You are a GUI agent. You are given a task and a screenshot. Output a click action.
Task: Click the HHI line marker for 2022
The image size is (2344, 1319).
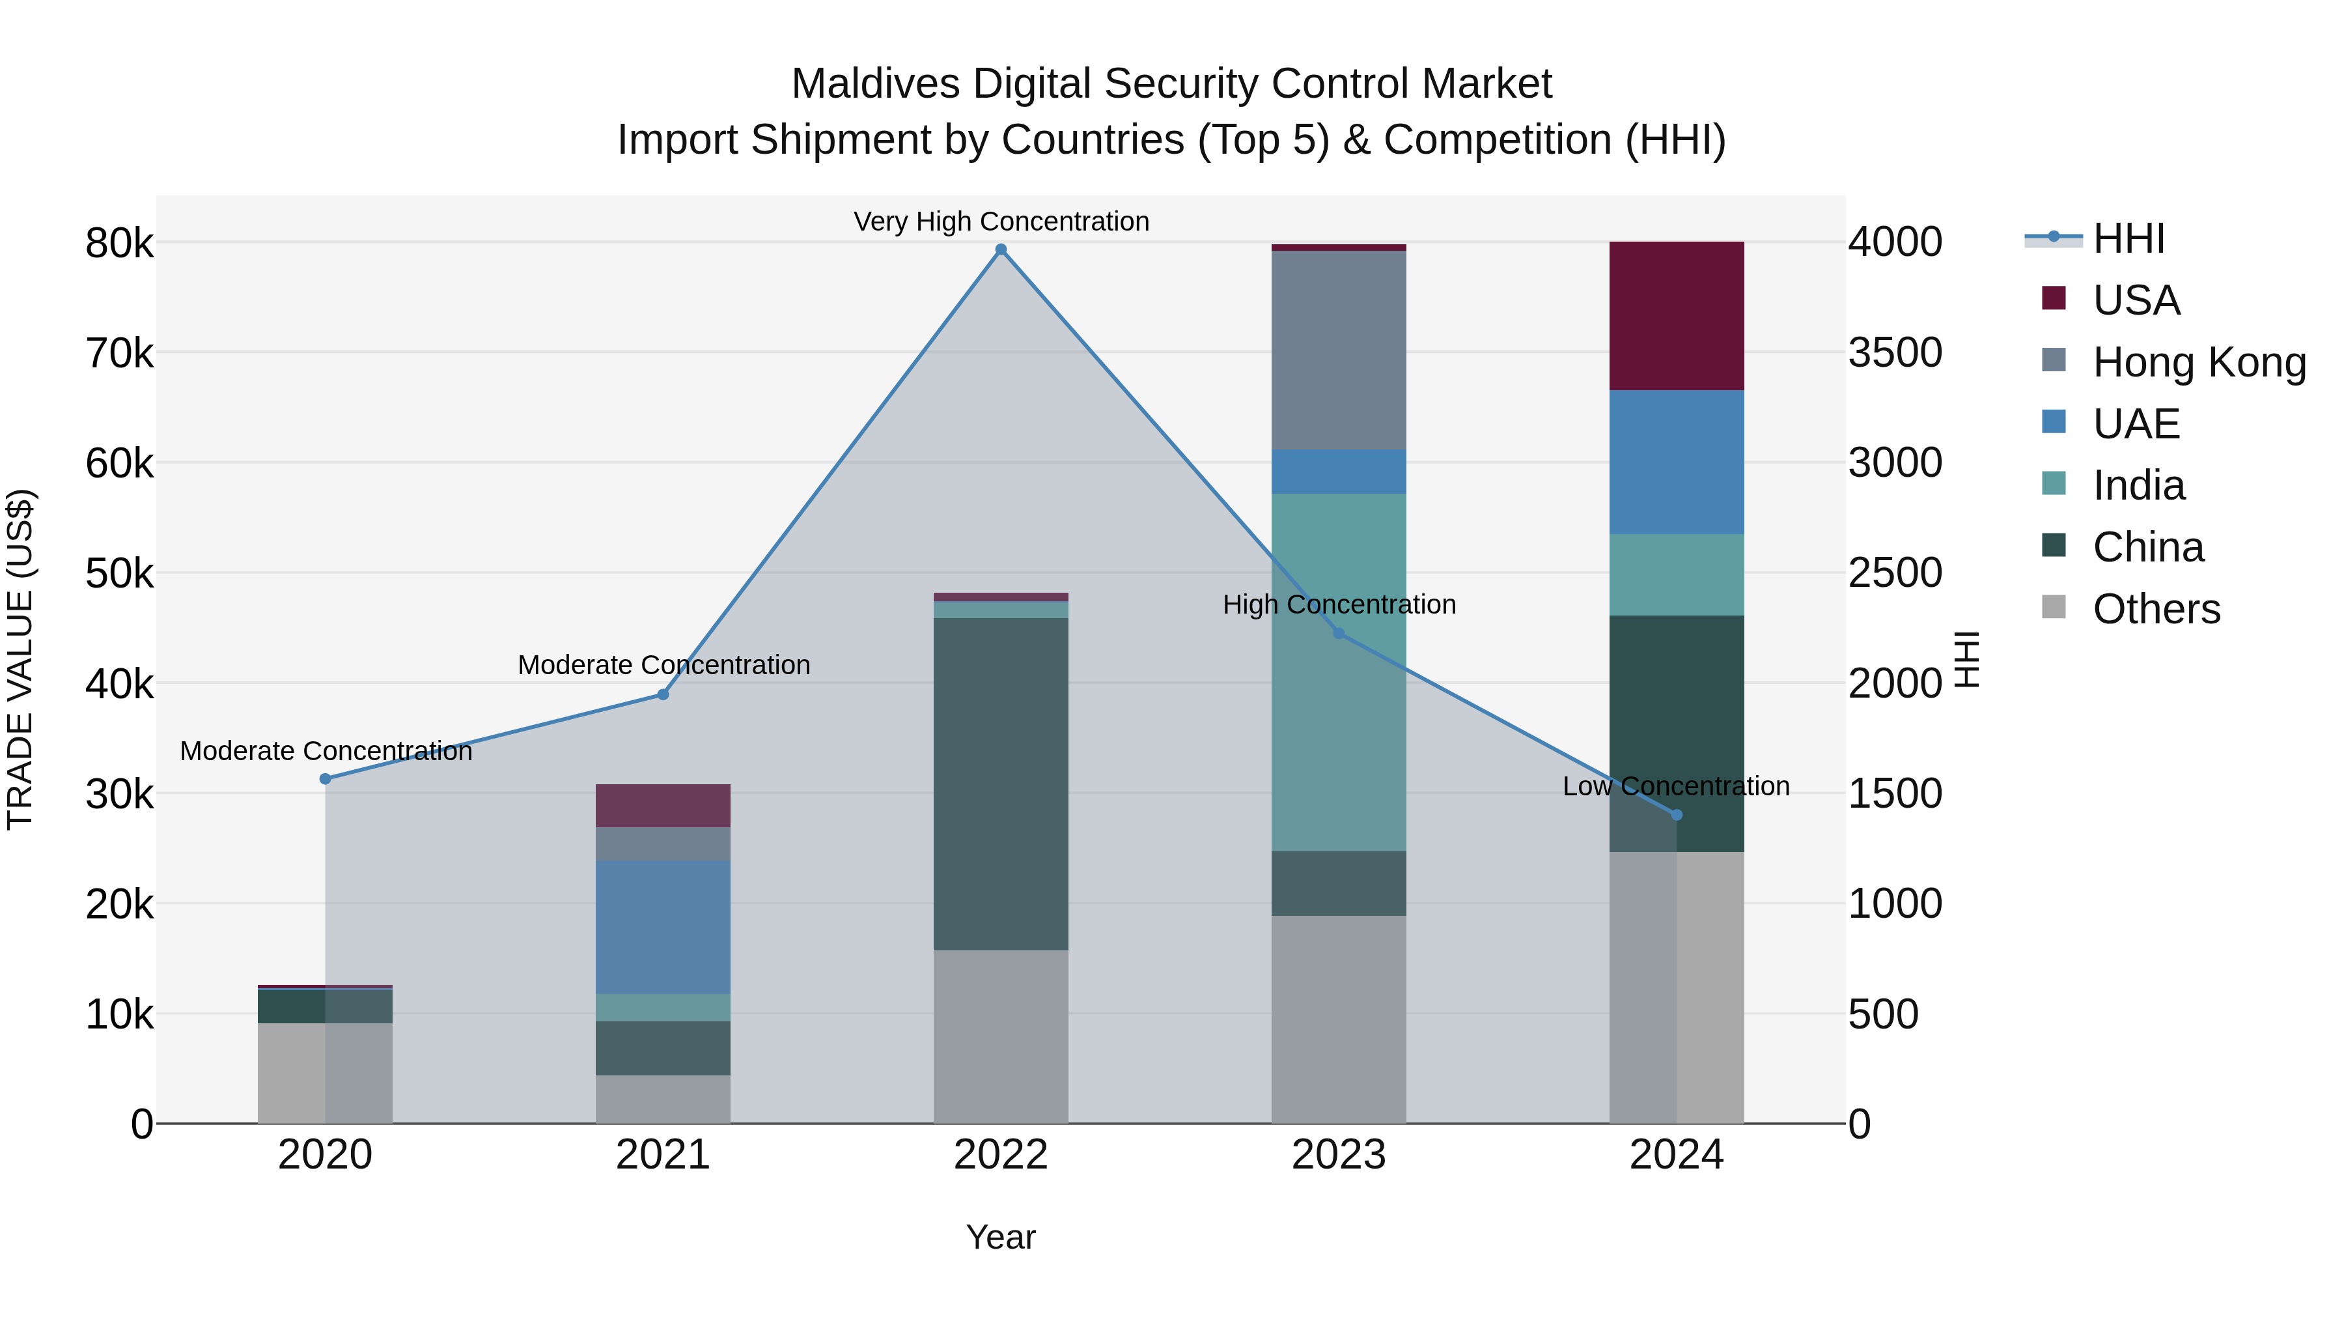point(1001,249)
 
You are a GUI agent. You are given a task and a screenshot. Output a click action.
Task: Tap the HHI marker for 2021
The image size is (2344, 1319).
point(663,694)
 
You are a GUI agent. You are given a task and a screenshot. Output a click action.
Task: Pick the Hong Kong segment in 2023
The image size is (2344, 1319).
point(1339,350)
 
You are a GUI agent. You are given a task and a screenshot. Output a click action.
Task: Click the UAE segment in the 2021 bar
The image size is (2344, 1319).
point(663,927)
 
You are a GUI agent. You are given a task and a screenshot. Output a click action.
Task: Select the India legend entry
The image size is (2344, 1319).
point(2138,485)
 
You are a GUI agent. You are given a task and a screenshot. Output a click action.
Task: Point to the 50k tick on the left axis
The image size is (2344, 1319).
point(120,573)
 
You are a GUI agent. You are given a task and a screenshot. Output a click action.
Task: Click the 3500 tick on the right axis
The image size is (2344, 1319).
point(1895,353)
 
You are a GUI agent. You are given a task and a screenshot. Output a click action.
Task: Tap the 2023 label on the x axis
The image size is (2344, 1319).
point(1339,1155)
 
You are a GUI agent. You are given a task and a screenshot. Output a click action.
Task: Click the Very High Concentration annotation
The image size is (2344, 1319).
point(1001,221)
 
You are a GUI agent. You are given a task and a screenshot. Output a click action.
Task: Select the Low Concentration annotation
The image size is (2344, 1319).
point(1675,786)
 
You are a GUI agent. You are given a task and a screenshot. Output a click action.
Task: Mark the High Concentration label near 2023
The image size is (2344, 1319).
point(1339,604)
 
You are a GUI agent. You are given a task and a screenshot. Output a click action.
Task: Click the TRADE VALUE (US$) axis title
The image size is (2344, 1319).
point(21,659)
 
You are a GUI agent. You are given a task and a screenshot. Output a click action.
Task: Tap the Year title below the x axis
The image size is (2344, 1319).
point(1000,1237)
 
